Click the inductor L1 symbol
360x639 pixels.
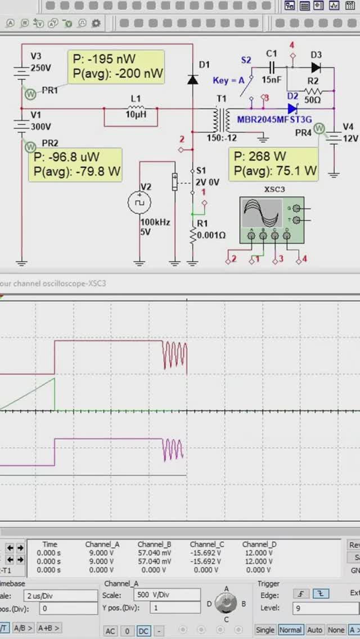click(x=136, y=109)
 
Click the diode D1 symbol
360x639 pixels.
click(x=193, y=79)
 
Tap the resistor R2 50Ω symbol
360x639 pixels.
click(x=313, y=91)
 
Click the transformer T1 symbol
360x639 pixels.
click(x=221, y=119)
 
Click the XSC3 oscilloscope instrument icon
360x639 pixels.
click(x=272, y=220)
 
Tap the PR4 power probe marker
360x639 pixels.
click(x=320, y=129)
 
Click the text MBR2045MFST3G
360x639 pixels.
click(x=274, y=119)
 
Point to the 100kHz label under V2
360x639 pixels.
click(x=152, y=222)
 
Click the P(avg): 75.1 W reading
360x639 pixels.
click(x=275, y=170)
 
